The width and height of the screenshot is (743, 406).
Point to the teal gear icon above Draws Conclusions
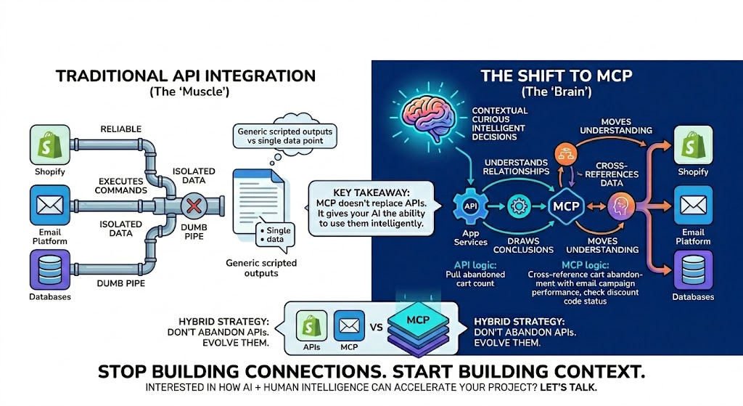point(518,205)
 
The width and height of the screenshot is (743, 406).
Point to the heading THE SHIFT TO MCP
point(557,76)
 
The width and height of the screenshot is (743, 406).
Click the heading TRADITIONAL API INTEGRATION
point(186,76)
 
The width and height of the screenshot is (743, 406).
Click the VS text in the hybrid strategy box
point(375,327)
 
